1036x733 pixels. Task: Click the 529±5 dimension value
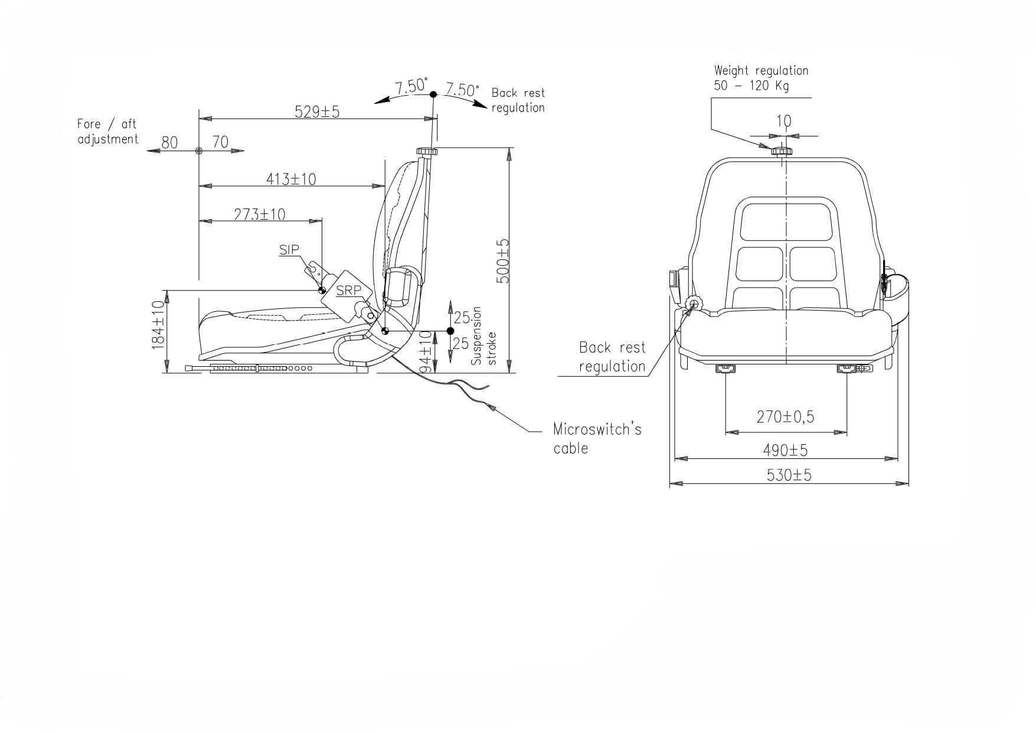317,112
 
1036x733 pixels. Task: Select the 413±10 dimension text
291,179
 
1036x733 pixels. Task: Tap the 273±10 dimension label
259,214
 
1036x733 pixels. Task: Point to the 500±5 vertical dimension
502,260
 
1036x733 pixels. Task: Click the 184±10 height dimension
158,324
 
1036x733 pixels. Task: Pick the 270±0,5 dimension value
785,417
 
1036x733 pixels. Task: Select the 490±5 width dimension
785,451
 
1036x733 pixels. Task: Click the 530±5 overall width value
789,475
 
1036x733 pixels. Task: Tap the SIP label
289,250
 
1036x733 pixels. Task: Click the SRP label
348,291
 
